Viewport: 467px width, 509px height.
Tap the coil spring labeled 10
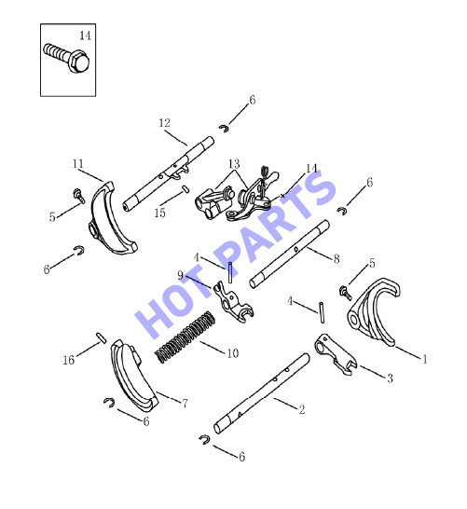185,337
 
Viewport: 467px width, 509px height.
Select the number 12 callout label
165,123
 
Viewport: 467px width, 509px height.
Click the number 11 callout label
78,164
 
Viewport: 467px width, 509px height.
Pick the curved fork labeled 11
110,221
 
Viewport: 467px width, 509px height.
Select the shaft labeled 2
261,393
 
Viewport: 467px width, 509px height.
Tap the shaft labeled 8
290,254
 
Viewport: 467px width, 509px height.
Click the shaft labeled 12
169,173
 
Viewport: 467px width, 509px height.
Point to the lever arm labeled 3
336,354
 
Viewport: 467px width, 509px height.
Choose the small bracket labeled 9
232,303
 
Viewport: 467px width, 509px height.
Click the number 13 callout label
234,164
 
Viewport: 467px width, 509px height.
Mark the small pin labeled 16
101,337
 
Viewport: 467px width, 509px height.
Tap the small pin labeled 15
185,188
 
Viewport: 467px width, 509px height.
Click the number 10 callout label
233,353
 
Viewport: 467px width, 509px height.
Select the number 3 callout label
390,378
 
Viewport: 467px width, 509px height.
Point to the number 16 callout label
68,360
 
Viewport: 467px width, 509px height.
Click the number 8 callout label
337,259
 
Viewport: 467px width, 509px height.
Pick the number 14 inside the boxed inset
85,35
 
